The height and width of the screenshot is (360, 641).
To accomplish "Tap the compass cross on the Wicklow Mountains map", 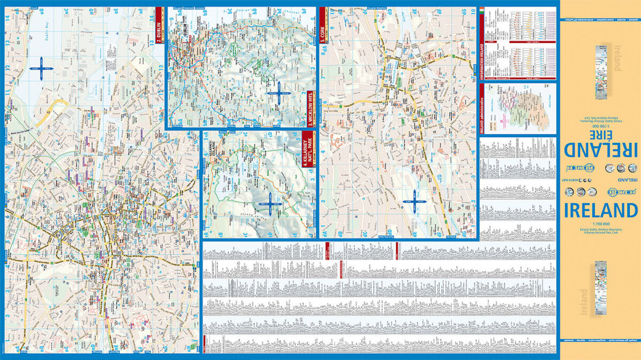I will pos(277,93).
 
